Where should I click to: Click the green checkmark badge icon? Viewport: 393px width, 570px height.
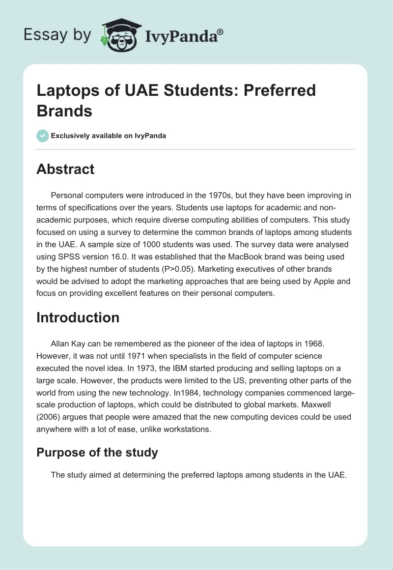coord(43,136)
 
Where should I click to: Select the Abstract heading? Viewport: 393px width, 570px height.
coord(65,170)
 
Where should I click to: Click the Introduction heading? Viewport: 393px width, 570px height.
coord(78,317)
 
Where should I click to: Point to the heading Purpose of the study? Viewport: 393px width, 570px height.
coord(97,452)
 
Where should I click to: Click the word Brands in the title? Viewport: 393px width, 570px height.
coord(64,111)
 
